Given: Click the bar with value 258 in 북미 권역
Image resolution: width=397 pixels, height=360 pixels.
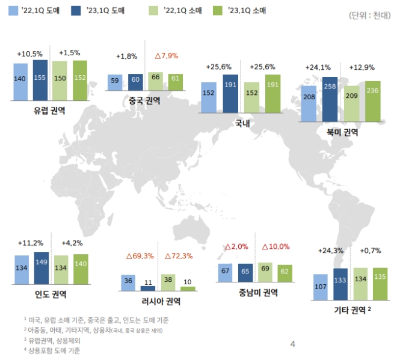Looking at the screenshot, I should [x=330, y=99].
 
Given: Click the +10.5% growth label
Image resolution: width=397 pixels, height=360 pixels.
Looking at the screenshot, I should [x=29, y=53].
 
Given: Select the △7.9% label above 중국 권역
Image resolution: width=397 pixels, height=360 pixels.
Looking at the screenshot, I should [x=165, y=56].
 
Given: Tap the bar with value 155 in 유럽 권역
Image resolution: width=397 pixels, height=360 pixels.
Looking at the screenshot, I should [x=41, y=81].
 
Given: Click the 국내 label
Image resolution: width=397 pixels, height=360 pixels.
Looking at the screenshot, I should [x=243, y=124].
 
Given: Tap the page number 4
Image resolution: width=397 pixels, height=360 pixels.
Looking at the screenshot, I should [x=293, y=344].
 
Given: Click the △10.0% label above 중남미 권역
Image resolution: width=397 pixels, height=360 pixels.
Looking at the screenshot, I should [x=275, y=246].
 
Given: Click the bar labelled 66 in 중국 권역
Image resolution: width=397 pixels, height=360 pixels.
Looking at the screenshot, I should [x=156, y=82].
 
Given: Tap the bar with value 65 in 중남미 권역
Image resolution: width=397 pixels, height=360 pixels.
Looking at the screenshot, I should [x=245, y=273].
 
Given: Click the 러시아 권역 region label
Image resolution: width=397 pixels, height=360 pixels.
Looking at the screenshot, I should [x=159, y=301].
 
